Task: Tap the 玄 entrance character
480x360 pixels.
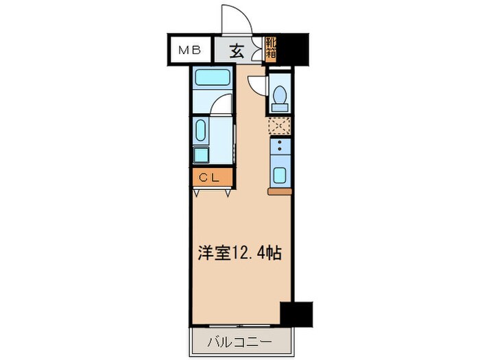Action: tap(237, 50)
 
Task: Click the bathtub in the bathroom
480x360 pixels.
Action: tap(211, 77)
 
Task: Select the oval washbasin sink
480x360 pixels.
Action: tap(201, 130)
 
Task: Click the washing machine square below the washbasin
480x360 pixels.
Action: tap(202, 156)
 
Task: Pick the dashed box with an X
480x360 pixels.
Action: tap(280, 126)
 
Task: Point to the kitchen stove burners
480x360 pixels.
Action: tap(280, 146)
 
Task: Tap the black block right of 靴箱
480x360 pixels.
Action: tap(294, 48)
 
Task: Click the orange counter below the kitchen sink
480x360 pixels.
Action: tap(280, 191)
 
